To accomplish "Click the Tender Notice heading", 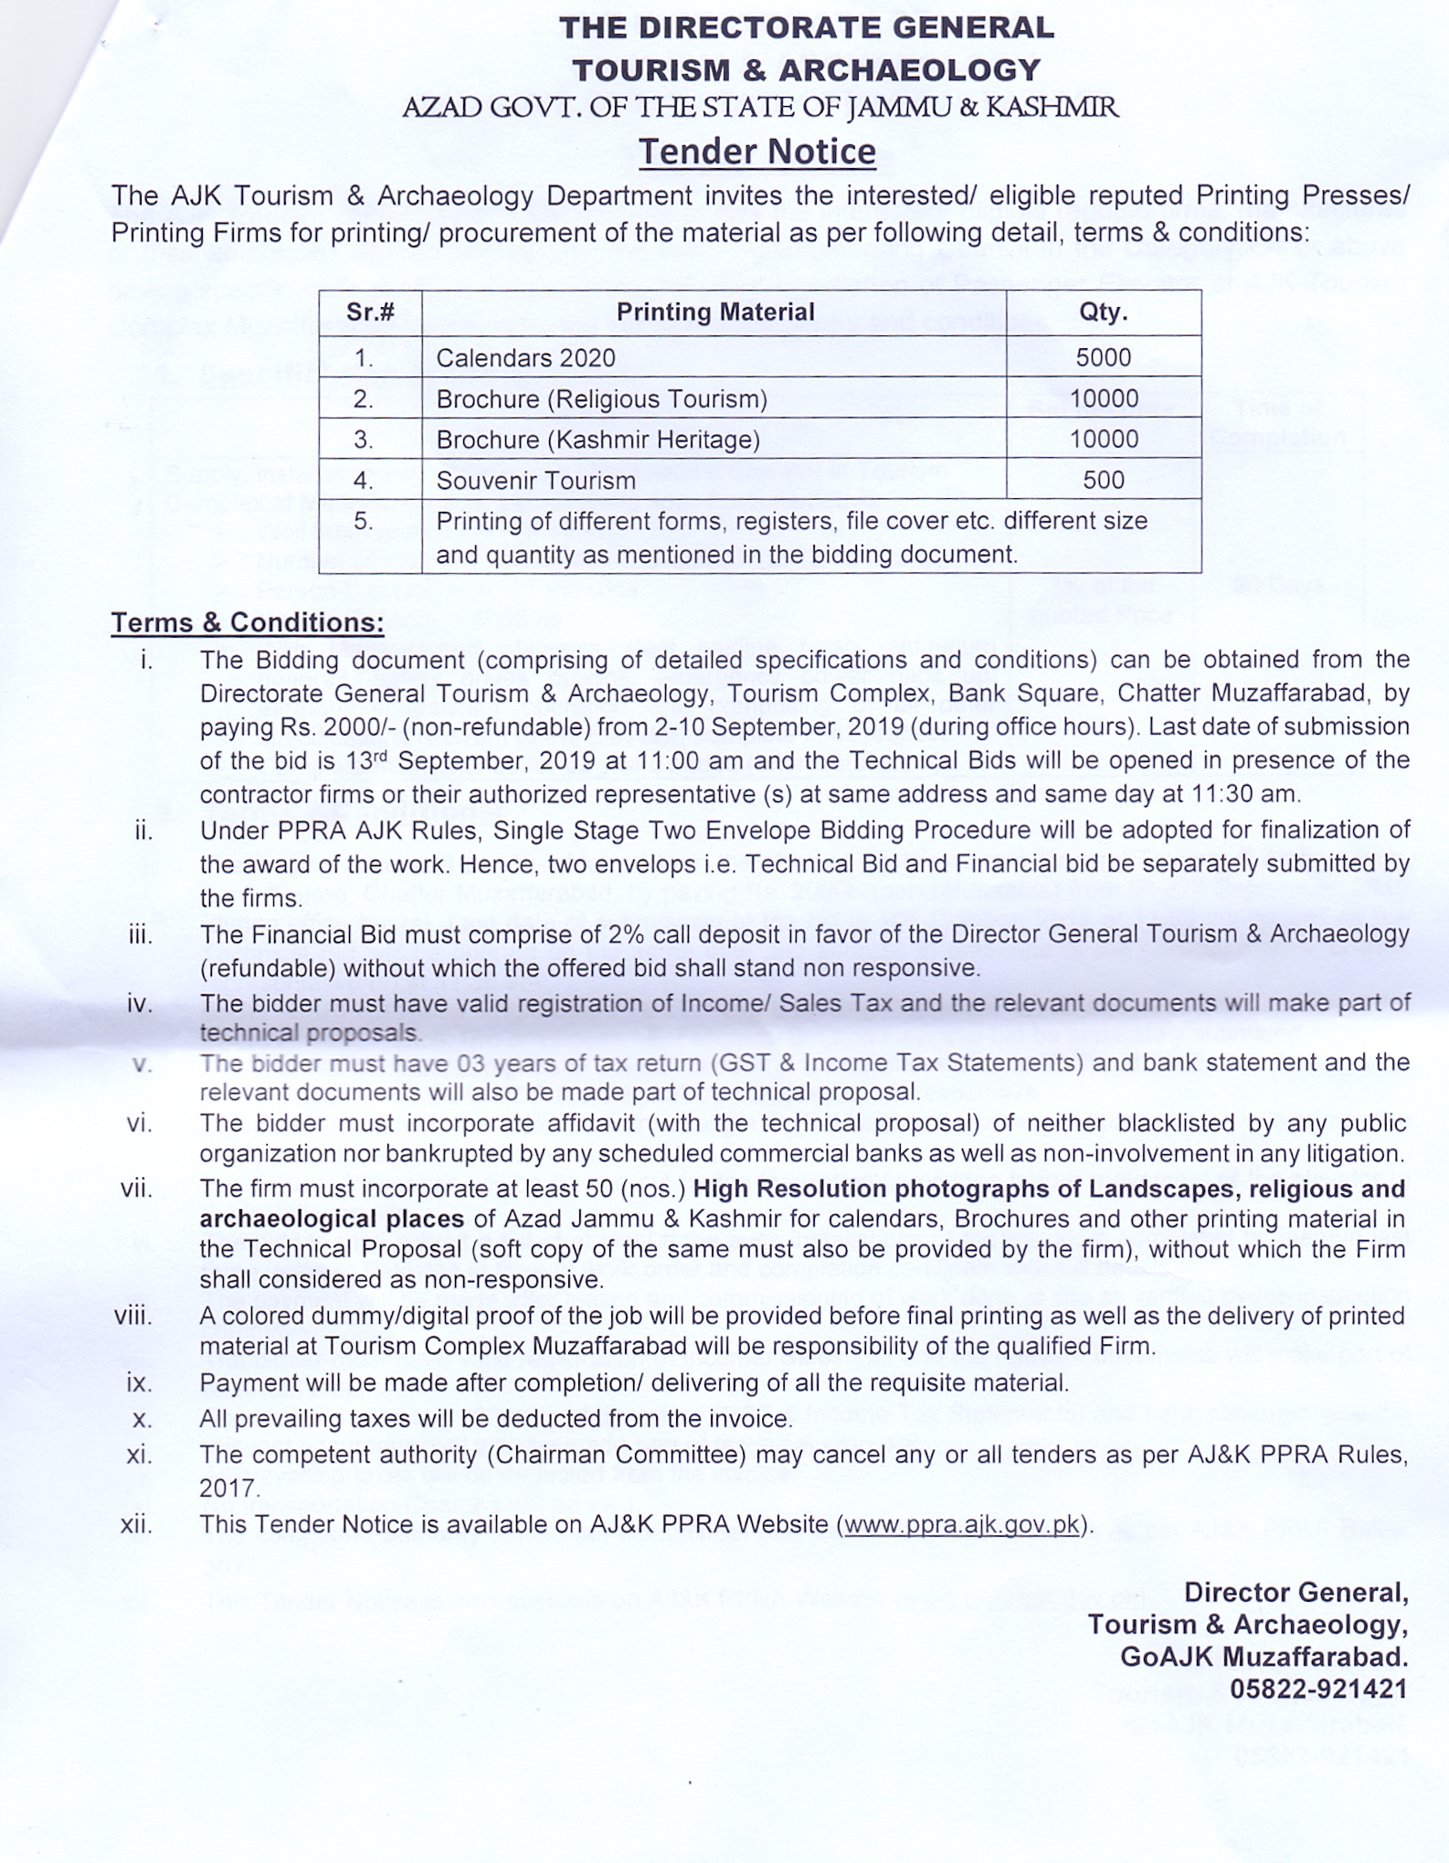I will pyautogui.click(x=756, y=152).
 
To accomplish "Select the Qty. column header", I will pyautogui.click(x=1103, y=312).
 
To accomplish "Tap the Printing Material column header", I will pyautogui.click(x=714, y=312).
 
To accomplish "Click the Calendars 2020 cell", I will pyautogui.click(x=525, y=358).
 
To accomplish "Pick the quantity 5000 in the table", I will pyautogui.click(x=1103, y=357).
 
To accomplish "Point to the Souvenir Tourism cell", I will pyautogui.click(x=535, y=481).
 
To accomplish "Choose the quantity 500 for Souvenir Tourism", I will pyautogui.click(x=1103, y=480).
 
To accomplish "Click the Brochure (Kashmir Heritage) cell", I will pyautogui.click(x=598, y=440).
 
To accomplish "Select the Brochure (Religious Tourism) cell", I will pyautogui.click(x=601, y=399).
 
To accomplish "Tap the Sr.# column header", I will pyautogui.click(x=370, y=312).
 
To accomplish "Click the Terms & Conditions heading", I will pyautogui.click(x=247, y=622).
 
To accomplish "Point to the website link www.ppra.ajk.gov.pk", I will pyautogui.click(x=961, y=1525).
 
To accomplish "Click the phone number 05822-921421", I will pyautogui.click(x=1318, y=1688).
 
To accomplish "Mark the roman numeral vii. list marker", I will pyautogui.click(x=137, y=1189).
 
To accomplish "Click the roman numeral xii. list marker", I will pyautogui.click(x=137, y=1525).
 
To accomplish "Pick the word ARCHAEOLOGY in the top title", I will pyautogui.click(x=909, y=70).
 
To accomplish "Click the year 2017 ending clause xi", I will pyautogui.click(x=229, y=1489).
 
